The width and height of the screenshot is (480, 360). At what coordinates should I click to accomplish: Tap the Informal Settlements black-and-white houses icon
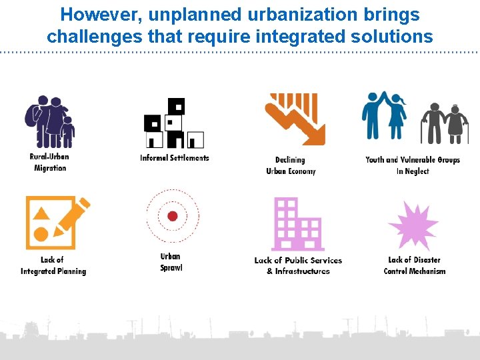(x=174, y=123)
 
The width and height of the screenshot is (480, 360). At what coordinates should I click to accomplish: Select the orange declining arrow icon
(x=295, y=119)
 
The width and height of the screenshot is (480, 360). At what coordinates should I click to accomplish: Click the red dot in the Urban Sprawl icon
(x=172, y=216)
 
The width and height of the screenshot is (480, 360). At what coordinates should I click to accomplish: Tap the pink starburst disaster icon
(x=413, y=225)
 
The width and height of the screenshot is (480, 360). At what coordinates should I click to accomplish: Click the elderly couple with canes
(x=445, y=123)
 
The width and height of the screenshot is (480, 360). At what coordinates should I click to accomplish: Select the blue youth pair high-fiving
(x=385, y=117)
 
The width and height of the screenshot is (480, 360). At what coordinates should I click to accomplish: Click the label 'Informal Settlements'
(x=175, y=158)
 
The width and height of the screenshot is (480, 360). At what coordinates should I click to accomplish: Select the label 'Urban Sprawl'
(x=171, y=262)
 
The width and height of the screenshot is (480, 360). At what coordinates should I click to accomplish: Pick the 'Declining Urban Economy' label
(x=291, y=165)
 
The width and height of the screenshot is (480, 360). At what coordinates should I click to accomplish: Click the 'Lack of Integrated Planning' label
(x=53, y=265)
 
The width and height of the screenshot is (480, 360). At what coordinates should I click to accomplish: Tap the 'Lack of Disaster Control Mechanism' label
(x=414, y=265)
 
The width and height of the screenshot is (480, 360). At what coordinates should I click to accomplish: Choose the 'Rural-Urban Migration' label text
(x=49, y=162)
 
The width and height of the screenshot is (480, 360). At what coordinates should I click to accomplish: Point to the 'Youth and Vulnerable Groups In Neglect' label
(x=413, y=165)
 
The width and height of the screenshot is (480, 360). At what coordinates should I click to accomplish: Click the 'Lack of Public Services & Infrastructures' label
(x=298, y=265)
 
